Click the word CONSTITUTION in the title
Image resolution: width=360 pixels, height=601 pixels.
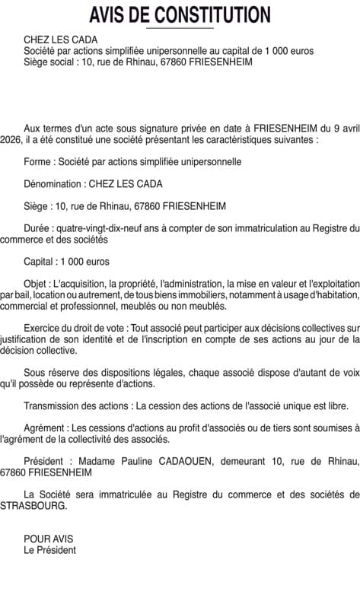[x=213, y=14]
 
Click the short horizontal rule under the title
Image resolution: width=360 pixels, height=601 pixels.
[x=180, y=28]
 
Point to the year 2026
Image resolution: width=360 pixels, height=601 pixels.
[x=13, y=140]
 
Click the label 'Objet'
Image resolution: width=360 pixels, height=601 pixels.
[x=37, y=284]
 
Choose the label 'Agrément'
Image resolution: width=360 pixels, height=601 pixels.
[x=45, y=428]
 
